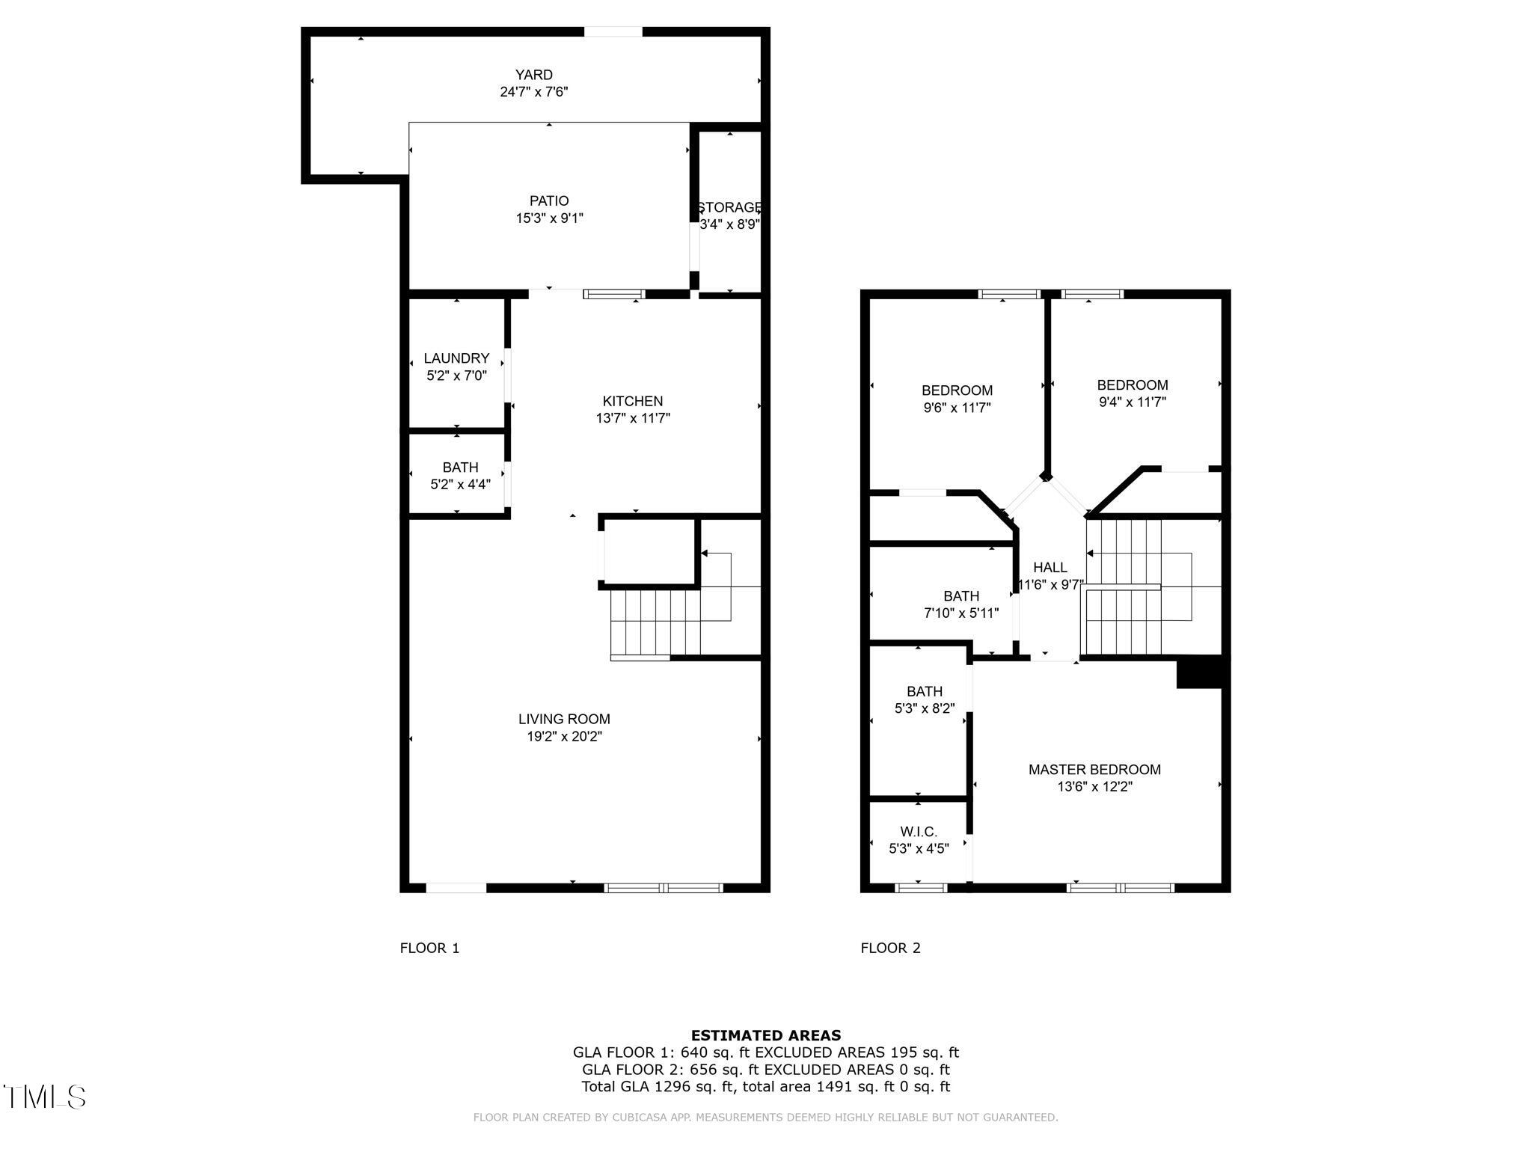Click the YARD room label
click(x=533, y=75)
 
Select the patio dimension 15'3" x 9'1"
click(x=549, y=218)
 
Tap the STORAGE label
click(x=729, y=207)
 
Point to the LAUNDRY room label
click(x=456, y=358)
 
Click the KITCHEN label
click(x=633, y=401)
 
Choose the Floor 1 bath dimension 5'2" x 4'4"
click(x=460, y=485)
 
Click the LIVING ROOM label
click(x=564, y=719)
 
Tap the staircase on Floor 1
click(x=655, y=622)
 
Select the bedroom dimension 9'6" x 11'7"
click(x=957, y=408)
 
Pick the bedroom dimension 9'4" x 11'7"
click(x=1132, y=402)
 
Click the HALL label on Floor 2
click(x=1050, y=568)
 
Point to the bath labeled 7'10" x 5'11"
click(x=961, y=604)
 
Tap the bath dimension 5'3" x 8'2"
click(x=925, y=708)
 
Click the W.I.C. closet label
click(x=919, y=832)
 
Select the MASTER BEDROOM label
click(x=1094, y=769)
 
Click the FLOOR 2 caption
click(x=890, y=949)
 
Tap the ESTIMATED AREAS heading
click(x=765, y=1035)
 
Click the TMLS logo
click(x=45, y=1097)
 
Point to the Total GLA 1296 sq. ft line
click(x=765, y=1086)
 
